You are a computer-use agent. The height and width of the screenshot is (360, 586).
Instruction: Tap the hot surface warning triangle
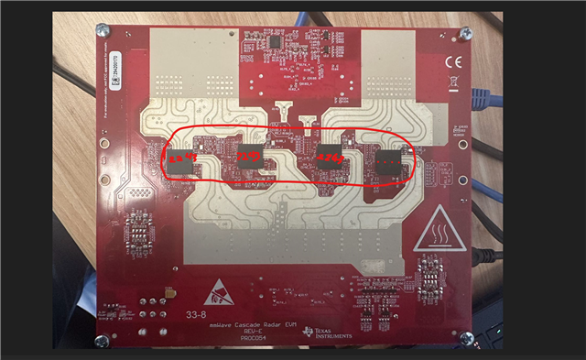(437, 236)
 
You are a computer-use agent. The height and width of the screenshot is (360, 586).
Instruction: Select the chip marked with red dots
(389, 163)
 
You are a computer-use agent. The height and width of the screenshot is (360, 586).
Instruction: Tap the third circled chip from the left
(329, 158)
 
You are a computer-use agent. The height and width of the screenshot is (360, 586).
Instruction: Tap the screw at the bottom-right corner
(466, 339)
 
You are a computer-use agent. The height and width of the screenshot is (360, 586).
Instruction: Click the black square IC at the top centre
(275, 42)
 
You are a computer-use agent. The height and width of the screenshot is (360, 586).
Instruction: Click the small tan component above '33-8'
(169, 295)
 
